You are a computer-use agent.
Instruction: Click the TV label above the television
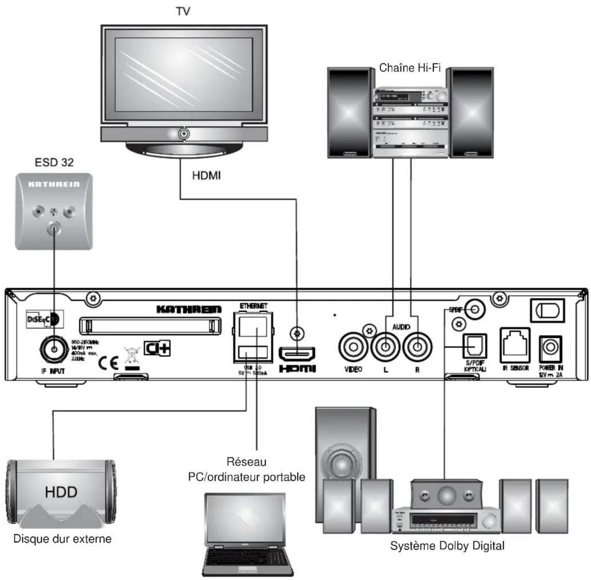(x=183, y=12)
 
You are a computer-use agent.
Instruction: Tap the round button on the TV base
(x=184, y=134)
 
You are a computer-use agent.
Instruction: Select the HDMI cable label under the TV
(x=206, y=175)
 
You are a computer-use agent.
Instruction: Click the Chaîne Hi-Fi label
(x=410, y=68)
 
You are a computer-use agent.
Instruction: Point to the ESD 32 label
(x=54, y=162)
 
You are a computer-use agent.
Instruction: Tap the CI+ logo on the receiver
(x=157, y=348)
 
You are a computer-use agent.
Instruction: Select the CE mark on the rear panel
(x=108, y=362)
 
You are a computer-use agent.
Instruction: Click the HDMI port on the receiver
(x=297, y=354)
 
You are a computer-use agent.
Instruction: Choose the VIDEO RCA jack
(x=353, y=347)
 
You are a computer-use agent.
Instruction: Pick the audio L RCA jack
(x=385, y=347)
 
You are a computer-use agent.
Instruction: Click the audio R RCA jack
(x=417, y=347)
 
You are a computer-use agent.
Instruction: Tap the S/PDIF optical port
(x=474, y=346)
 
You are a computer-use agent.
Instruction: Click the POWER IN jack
(x=550, y=348)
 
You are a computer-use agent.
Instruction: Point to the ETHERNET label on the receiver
(x=253, y=306)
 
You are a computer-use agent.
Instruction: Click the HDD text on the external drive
(x=61, y=492)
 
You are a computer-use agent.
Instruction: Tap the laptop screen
(x=245, y=519)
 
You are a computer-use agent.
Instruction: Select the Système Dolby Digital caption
(x=447, y=546)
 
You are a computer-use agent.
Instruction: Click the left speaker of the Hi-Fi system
(x=348, y=113)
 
